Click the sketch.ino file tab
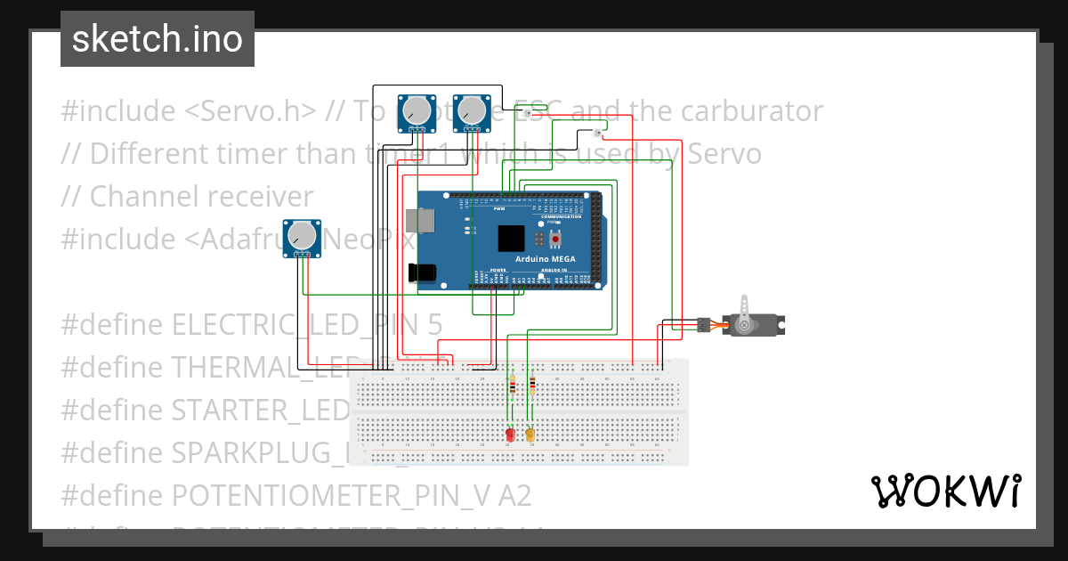pyautogui.click(x=158, y=39)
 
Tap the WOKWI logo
pyautogui.click(x=944, y=491)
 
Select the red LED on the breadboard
pyautogui.click(x=510, y=435)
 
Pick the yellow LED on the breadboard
pyautogui.click(x=530, y=435)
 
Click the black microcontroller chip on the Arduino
pyautogui.click(x=512, y=238)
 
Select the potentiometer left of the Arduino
pyautogui.click(x=303, y=237)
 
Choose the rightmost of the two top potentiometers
pyautogui.click(x=470, y=111)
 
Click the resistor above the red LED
pyautogui.click(x=512, y=386)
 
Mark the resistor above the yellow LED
pyautogui.click(x=532, y=385)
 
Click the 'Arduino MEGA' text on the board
pyautogui.click(x=545, y=259)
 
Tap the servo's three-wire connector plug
pyautogui.click(x=704, y=325)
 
